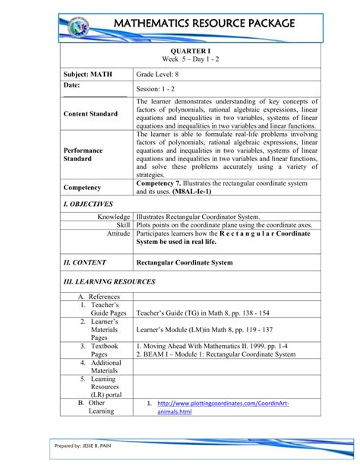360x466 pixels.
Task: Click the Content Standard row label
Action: pos(90,113)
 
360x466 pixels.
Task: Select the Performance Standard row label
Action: pos(84,155)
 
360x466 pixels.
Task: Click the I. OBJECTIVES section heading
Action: pos(88,204)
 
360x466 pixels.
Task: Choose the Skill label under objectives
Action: pos(123,225)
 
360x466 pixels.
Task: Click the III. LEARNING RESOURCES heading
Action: pos(109,281)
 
